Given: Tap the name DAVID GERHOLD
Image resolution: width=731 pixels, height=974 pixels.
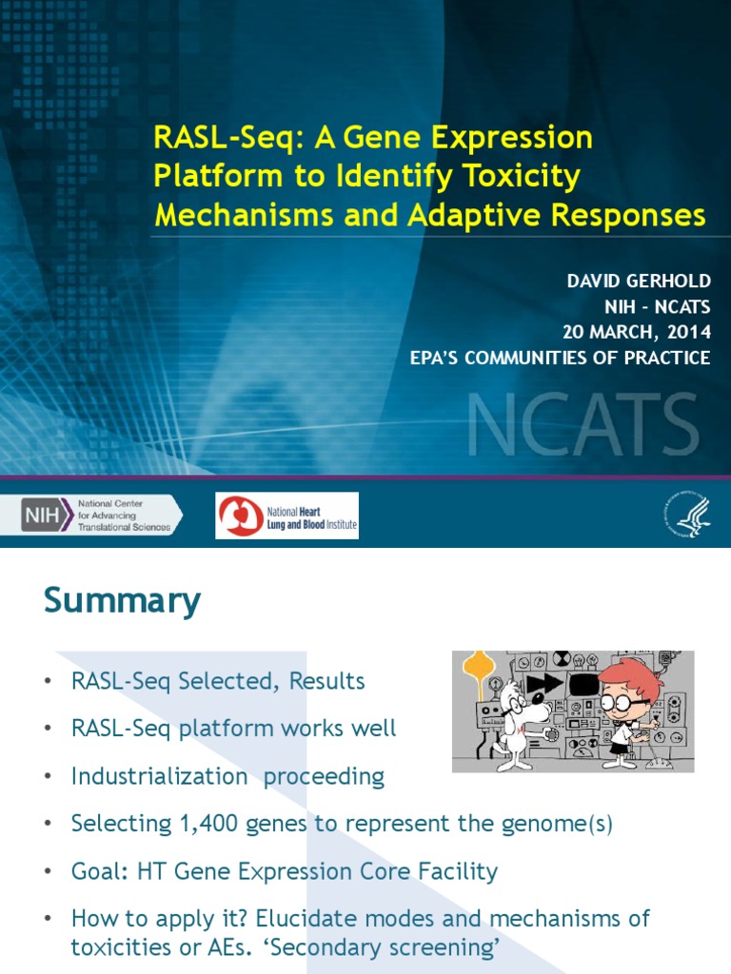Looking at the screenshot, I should (x=637, y=282).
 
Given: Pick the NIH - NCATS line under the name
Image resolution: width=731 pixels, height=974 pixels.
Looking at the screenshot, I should (x=658, y=307).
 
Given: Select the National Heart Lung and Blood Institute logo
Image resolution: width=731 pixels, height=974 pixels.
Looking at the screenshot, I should (x=286, y=515).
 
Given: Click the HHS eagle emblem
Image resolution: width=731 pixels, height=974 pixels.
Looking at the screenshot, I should (x=686, y=515).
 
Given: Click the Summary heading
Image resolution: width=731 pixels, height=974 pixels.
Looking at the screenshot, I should (x=122, y=601).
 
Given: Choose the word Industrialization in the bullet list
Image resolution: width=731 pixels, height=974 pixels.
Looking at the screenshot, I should (x=158, y=776).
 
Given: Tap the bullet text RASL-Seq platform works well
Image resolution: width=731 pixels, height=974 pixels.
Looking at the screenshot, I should (x=233, y=729).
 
